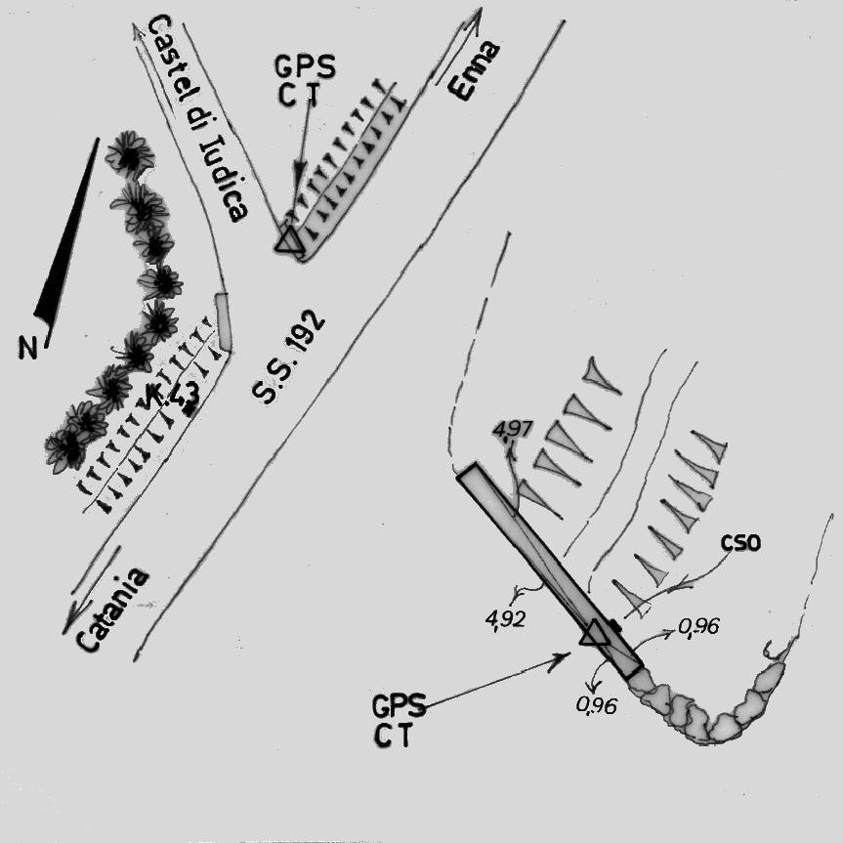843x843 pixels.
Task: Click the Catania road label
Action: pos(111,610)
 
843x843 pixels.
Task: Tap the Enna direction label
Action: pos(474,70)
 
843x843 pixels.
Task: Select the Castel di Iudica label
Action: pos(196,118)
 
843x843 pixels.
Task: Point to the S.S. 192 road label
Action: pos(288,357)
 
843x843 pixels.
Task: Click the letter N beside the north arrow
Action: pos(28,348)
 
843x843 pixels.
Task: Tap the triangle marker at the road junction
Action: pos(290,239)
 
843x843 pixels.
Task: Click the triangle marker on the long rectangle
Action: pos(595,633)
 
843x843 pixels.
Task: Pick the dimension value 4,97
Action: pos(513,429)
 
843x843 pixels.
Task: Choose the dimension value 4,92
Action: pos(505,618)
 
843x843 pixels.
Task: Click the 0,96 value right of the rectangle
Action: pos(698,626)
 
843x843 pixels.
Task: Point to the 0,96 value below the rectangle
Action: pos(596,705)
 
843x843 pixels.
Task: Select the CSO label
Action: pos(740,543)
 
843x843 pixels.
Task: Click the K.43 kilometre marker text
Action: pos(171,398)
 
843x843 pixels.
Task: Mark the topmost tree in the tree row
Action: pos(130,154)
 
